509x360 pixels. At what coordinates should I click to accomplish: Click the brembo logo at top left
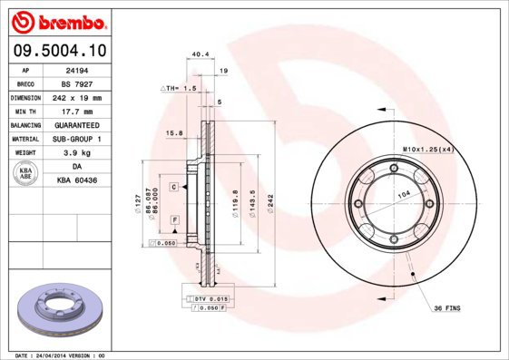point(57,20)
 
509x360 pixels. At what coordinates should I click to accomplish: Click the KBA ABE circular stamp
point(25,174)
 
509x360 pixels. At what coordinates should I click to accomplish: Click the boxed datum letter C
point(172,186)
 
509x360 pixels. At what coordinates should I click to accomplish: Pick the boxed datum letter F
point(172,220)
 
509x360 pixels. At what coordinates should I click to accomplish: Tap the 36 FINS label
point(446,308)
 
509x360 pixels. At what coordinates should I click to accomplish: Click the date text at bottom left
point(62,355)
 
